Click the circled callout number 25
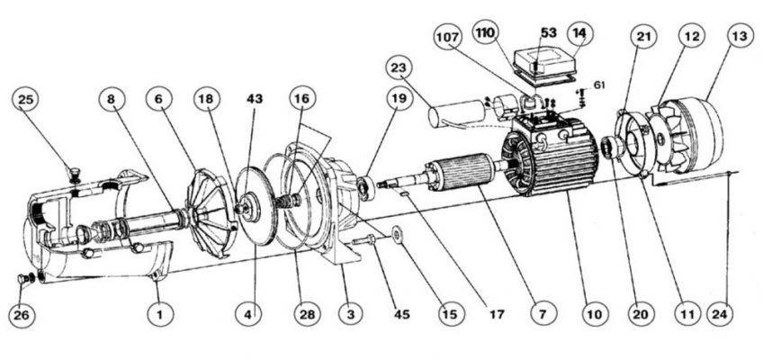[25, 100]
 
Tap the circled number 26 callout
[22, 315]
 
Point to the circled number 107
[448, 37]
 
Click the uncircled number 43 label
[255, 99]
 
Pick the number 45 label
[401, 315]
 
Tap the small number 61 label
[599, 85]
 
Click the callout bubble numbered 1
[161, 314]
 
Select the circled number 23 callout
[399, 68]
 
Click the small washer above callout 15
[397, 234]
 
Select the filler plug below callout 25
[76, 175]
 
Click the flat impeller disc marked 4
[256, 206]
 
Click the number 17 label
[497, 315]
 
